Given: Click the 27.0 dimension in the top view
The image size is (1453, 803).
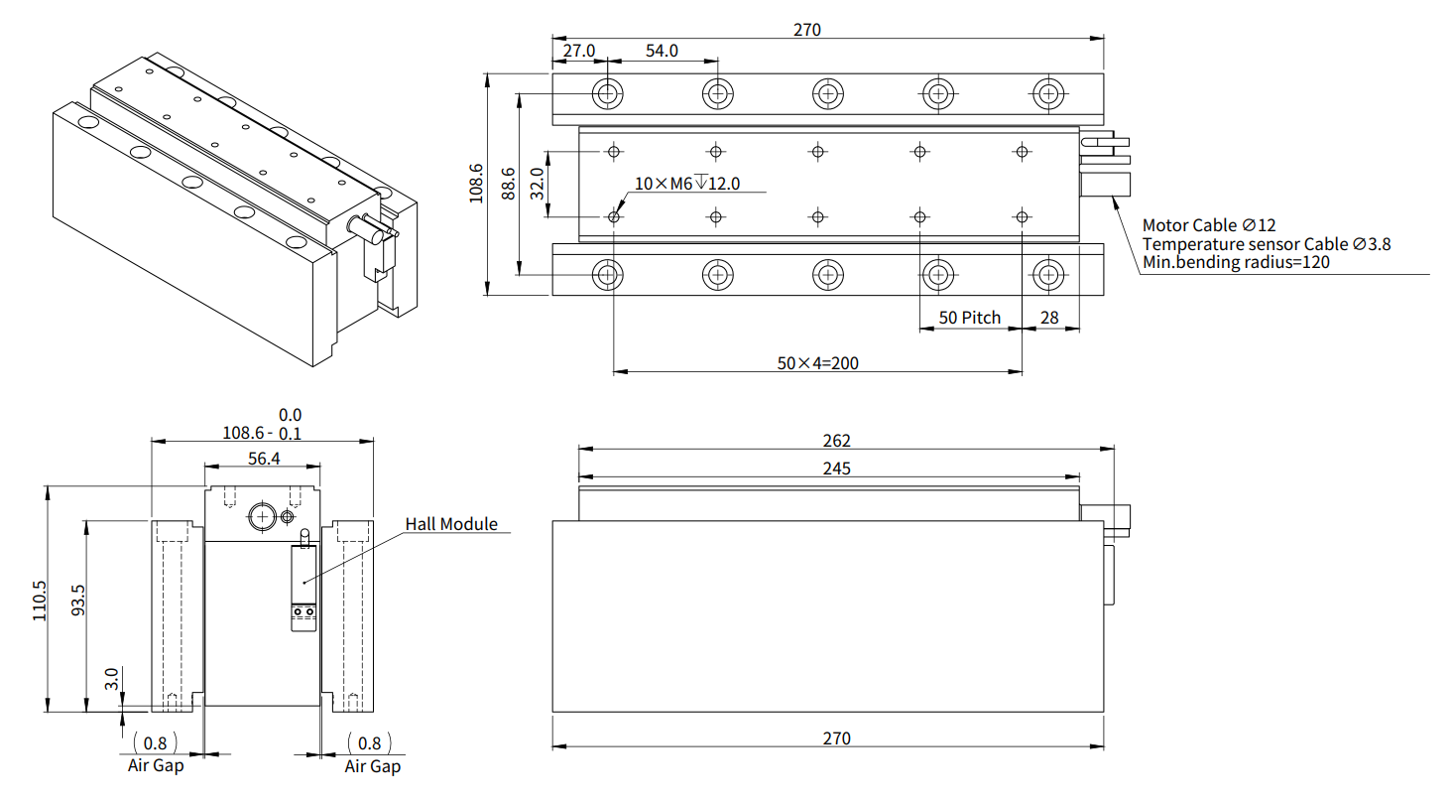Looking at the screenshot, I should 579,51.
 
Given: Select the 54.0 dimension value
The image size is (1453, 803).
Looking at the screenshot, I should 662,51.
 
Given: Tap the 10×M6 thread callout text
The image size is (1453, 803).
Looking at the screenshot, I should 688,183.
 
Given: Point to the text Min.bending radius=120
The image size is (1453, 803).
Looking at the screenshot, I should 1236,262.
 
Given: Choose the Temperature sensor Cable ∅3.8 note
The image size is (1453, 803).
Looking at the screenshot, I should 1267,244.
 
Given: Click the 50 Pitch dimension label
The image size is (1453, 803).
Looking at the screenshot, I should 969,318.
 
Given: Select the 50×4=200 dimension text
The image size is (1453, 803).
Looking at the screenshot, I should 818,362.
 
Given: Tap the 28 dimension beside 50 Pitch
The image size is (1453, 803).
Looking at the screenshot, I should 1049,318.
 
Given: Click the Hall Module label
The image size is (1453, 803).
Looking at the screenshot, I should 451,523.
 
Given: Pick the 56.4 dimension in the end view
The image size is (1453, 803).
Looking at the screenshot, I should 263,458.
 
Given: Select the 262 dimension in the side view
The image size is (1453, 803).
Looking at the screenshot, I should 837,441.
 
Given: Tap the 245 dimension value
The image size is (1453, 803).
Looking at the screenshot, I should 837,468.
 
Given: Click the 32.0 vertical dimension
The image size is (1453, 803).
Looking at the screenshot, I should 537,184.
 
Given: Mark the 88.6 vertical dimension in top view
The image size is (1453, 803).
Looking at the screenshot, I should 508,184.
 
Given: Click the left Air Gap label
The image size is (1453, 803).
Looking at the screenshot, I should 156,765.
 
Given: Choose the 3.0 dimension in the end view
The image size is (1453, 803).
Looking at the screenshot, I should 112,680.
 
